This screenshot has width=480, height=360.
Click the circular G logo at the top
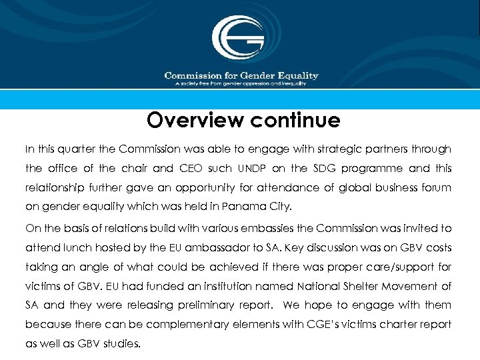[237, 37]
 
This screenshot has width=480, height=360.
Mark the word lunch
[79, 247]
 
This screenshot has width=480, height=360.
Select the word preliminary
[202, 305]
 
